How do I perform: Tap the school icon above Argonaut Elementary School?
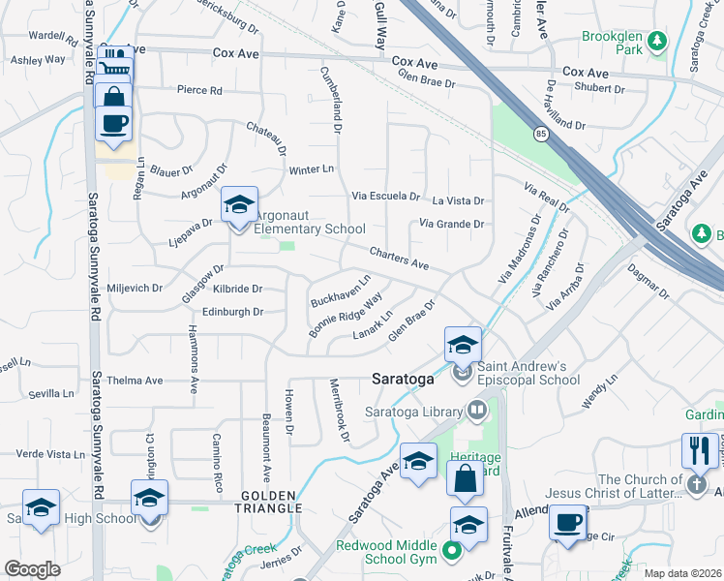[239, 205]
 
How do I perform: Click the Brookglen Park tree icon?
[658, 41]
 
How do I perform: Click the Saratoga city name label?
[402, 380]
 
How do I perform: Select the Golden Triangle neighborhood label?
[265, 508]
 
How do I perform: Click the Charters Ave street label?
[399, 258]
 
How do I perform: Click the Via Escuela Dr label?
[385, 196]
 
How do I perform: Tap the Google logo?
[32, 569]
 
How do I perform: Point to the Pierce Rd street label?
[199, 90]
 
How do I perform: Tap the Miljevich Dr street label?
[131, 289]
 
